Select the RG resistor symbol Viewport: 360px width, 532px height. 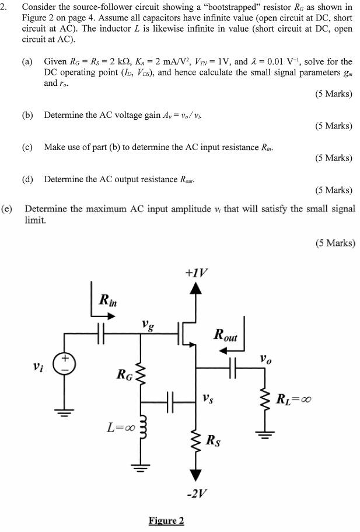click(x=141, y=374)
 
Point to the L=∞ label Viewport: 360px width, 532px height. click(x=120, y=428)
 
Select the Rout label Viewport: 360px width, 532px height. click(x=226, y=334)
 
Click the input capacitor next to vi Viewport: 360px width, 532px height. click(x=100, y=333)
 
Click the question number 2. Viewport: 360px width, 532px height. click(x=5, y=7)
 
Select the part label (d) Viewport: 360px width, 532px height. click(x=27, y=179)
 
